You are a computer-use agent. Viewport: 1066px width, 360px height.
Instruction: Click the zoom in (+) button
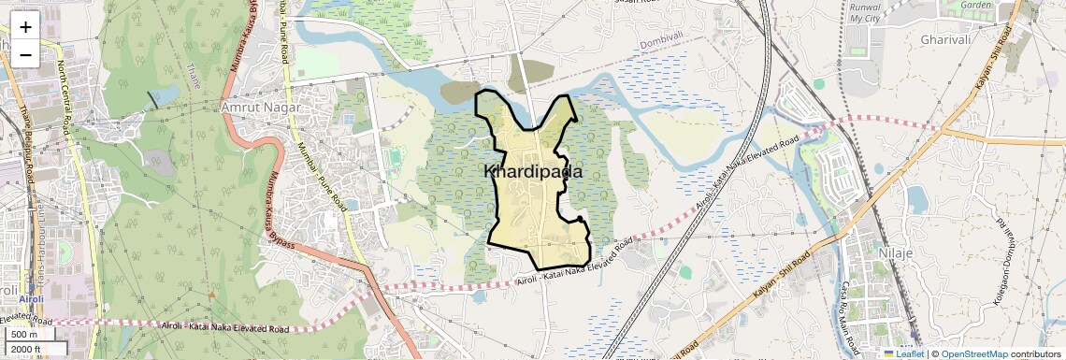coord(25,27)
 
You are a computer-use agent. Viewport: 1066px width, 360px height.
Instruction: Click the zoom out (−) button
coord(25,55)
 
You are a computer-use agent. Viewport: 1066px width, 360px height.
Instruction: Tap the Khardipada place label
coord(533,172)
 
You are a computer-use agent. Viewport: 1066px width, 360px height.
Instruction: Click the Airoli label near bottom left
coord(24,299)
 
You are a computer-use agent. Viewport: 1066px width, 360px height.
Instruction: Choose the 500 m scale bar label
coord(24,335)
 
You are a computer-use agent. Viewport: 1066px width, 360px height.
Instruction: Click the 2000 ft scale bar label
coord(28,350)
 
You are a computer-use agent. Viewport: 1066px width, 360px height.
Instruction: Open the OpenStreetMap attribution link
coord(974,354)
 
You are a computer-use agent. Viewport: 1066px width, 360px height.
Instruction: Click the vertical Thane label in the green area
coord(194,75)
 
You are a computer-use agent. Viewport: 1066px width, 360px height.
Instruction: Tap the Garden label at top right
coord(975,5)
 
